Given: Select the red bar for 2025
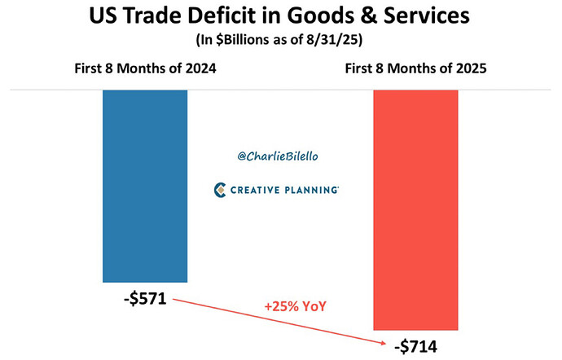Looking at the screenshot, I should pyautogui.click(x=415, y=209).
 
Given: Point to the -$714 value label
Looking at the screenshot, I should pyautogui.click(x=415, y=345).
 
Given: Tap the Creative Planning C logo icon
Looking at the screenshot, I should pyautogui.click(x=219, y=190).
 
